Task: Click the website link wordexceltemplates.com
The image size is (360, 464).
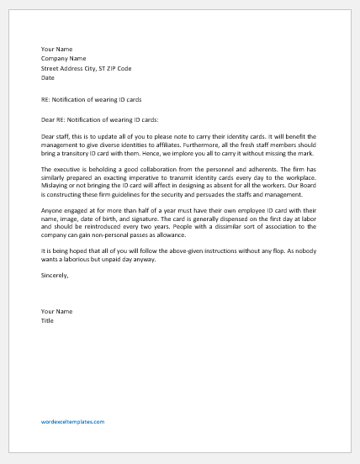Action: click(72, 421)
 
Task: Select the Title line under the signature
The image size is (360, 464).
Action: click(48, 319)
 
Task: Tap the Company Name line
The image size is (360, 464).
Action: click(63, 59)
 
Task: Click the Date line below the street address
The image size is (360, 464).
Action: click(48, 77)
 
